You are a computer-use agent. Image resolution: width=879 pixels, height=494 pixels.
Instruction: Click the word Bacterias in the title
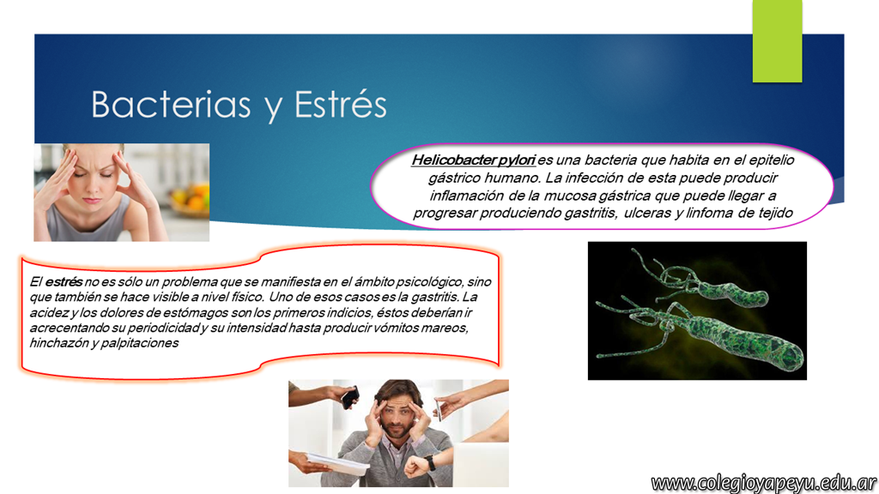pyautogui.click(x=171, y=104)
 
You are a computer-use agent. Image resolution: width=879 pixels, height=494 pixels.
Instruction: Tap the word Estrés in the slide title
pyautogui.click(x=340, y=104)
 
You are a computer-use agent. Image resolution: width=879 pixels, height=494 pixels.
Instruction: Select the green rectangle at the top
pyautogui.click(x=777, y=41)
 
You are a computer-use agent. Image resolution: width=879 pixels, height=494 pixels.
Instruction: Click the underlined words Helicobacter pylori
pyautogui.click(x=473, y=160)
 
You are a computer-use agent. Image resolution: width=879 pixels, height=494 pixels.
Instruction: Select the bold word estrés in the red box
pyautogui.click(x=64, y=281)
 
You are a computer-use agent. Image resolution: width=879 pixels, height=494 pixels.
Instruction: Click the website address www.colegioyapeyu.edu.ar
pyautogui.click(x=763, y=483)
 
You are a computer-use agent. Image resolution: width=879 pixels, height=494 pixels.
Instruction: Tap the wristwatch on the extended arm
pyautogui.click(x=429, y=462)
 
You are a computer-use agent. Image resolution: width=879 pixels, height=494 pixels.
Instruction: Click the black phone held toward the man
pyautogui.click(x=350, y=398)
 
